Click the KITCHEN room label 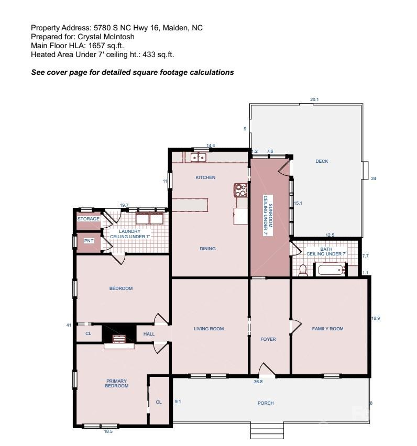(x=205, y=177)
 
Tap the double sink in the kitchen (x=199, y=157)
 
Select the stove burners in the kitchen (x=241, y=190)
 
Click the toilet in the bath (x=302, y=270)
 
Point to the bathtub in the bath (x=329, y=270)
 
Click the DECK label (x=322, y=161)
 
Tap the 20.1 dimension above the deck (x=314, y=99)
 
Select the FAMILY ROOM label (x=327, y=329)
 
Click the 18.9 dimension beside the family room (x=375, y=318)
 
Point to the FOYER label (x=268, y=339)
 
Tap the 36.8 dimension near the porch (x=258, y=382)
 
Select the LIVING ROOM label (x=208, y=329)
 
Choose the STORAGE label (x=88, y=219)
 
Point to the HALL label (x=149, y=333)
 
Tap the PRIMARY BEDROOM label (x=117, y=383)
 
